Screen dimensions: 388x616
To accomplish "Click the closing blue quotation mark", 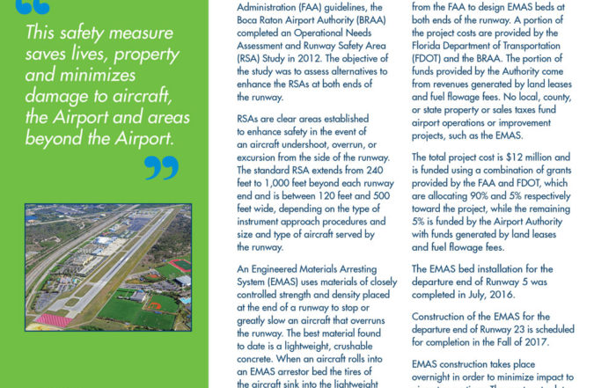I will click(161, 167).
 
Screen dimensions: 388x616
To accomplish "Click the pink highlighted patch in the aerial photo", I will click(54, 319).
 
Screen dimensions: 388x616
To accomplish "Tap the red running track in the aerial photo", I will click(180, 264).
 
